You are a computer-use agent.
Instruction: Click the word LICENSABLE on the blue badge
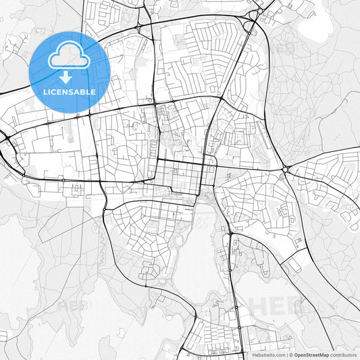(x=69, y=91)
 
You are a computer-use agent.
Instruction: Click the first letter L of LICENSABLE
(x=45, y=91)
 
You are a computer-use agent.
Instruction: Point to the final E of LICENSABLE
(x=93, y=91)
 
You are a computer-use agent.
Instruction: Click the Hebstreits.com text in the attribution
(x=266, y=354)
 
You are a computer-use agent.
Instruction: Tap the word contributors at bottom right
(x=344, y=354)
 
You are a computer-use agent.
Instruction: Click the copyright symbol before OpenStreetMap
(x=290, y=354)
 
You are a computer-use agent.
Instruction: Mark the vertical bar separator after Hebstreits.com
(x=286, y=354)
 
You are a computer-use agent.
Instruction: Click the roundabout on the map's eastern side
(x=286, y=170)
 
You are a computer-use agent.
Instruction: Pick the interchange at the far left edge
(x=5, y=138)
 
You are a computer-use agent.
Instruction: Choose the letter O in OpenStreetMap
(x=296, y=354)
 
